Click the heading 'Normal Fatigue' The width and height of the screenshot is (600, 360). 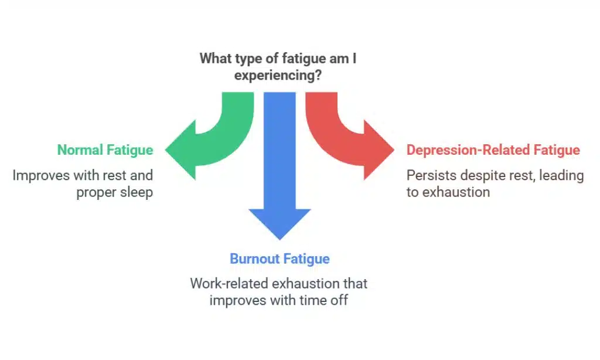105,150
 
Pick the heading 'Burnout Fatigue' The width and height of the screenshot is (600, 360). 279,259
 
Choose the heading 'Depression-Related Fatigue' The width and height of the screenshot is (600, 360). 493,150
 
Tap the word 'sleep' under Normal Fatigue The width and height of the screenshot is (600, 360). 137,192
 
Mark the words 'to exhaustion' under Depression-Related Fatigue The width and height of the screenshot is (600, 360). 448,192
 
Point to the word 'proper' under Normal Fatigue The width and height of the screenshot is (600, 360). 97,192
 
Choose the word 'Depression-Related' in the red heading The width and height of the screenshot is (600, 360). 468,150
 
